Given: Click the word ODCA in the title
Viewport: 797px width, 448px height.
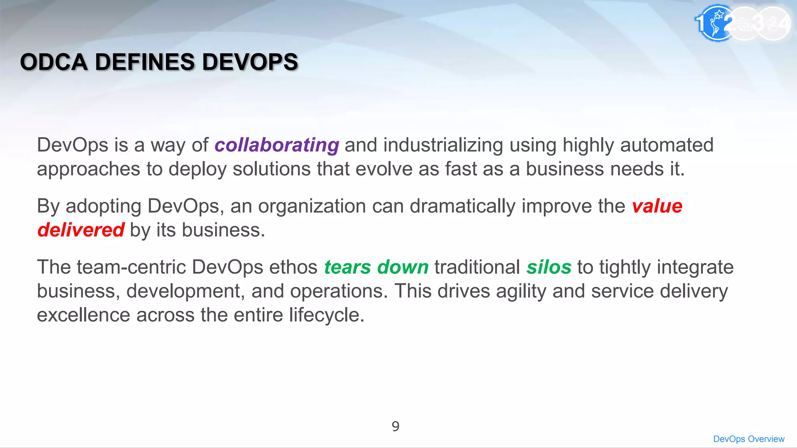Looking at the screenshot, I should (x=54, y=62).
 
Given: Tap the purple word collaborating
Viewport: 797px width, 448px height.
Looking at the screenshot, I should (x=277, y=145).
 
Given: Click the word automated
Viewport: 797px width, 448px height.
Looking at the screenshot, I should (x=667, y=145).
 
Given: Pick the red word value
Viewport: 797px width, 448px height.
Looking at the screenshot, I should (x=657, y=206).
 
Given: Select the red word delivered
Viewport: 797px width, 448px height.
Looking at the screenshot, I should (x=81, y=230).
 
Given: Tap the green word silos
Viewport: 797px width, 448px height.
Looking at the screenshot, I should (x=549, y=267).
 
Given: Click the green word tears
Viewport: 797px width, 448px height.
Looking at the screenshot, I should (x=348, y=267).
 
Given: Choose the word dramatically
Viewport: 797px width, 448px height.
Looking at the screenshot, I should (x=462, y=206).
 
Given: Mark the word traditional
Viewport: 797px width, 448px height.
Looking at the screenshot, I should (x=477, y=267).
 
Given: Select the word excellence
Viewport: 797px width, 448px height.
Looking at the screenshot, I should (x=83, y=315).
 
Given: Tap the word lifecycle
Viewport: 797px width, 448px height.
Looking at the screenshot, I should (x=326, y=315).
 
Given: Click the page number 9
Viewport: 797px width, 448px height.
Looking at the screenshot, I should (x=395, y=427).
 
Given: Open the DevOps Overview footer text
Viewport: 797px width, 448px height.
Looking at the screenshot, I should (x=749, y=439).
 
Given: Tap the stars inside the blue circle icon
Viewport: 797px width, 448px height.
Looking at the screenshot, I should (x=718, y=15).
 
